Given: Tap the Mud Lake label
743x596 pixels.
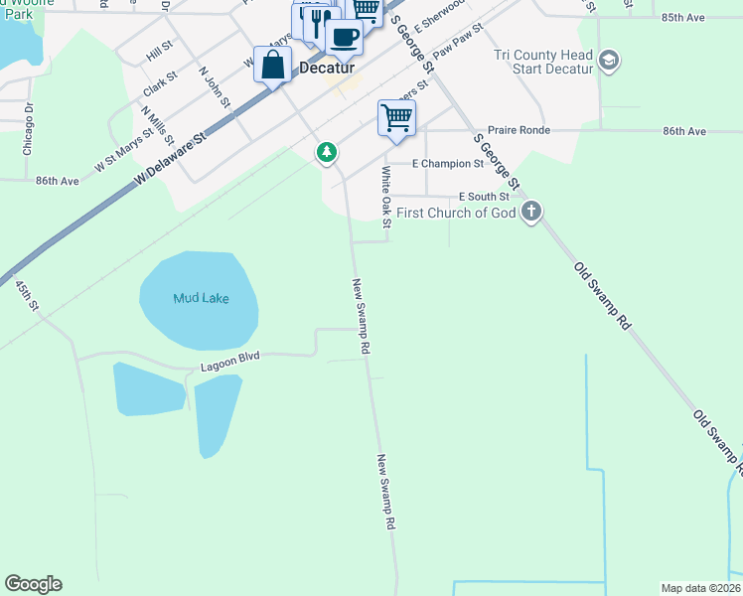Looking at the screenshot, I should (201, 298).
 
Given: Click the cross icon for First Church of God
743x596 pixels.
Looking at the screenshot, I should (531, 212).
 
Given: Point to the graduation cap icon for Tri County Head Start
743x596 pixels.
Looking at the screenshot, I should (609, 63).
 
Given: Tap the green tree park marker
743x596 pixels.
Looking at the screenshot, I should (326, 153).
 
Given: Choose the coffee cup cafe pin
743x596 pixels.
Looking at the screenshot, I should (344, 38).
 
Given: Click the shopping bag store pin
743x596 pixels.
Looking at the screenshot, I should (272, 66).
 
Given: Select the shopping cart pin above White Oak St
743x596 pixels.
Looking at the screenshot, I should (396, 117).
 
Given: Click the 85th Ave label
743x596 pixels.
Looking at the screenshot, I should (683, 18).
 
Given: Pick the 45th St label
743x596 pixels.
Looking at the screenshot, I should (27, 295).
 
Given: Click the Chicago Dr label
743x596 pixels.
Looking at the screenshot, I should (28, 128).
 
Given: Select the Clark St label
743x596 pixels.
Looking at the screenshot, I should (160, 82).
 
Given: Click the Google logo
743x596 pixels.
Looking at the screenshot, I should (33, 584).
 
